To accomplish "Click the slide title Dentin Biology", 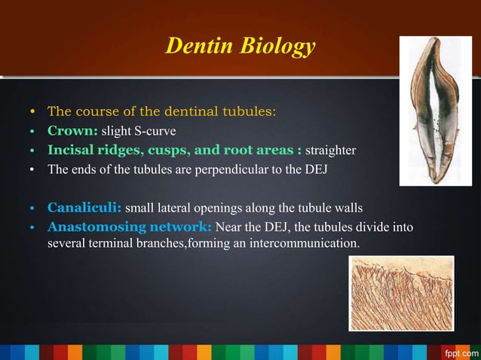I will (240, 47).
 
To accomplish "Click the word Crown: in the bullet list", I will (73, 130).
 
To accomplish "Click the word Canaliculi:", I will (84, 207).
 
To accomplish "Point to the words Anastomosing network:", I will (130, 227).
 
